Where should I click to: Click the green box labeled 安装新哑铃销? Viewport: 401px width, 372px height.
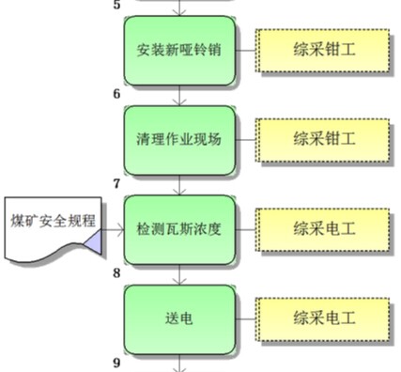pos(178,50)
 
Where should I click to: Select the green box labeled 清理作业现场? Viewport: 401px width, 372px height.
pos(178,140)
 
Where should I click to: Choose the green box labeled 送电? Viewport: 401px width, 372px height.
pos(178,318)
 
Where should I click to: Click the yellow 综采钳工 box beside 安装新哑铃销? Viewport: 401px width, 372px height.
pos(323,50)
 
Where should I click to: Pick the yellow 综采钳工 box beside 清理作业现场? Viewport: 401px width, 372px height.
pos(323,140)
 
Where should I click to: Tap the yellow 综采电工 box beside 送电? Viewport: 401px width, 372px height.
pos(323,318)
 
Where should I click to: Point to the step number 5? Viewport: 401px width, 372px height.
pos(116,5)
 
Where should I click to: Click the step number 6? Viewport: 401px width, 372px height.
pos(116,94)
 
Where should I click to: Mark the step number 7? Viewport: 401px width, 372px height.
pos(116,184)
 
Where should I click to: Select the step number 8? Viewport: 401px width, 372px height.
pos(116,273)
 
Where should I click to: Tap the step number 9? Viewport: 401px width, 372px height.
pos(116,363)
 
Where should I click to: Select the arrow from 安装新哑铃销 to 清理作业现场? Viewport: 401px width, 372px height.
pos(178,95)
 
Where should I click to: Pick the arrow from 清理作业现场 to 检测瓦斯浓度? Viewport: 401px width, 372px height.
pos(178,185)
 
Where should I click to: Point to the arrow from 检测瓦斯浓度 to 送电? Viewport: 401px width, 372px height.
pos(178,274)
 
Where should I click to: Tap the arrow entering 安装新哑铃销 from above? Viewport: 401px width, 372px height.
pos(178,8)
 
